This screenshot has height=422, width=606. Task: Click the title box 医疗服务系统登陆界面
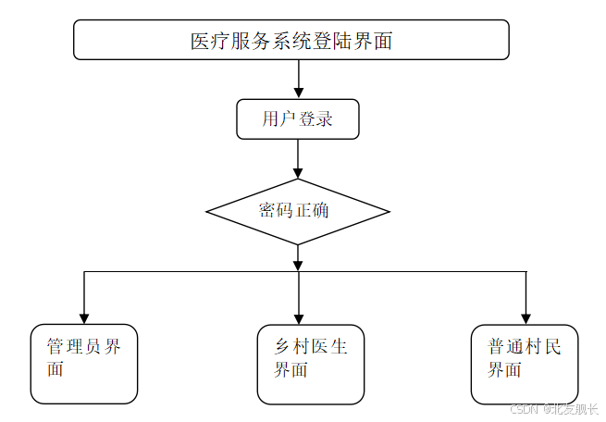coord(291,40)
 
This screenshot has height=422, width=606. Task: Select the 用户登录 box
coord(297,119)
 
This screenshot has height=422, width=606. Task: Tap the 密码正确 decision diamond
coord(297,211)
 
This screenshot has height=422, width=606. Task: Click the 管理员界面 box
coord(84,364)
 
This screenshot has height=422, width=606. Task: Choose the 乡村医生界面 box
coord(311,365)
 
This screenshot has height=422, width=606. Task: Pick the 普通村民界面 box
coord(525,365)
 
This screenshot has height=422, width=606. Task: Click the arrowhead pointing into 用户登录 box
coord(297,93)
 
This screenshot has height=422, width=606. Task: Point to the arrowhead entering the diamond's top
coord(297,173)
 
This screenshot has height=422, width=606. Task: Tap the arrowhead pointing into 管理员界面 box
coord(84,317)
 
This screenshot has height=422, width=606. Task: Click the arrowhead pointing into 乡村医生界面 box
coord(298,317)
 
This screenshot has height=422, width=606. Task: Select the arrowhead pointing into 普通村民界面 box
coord(526,317)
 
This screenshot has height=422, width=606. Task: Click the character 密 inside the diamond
coord(267,211)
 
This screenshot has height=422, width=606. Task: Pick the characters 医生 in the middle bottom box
coord(330,347)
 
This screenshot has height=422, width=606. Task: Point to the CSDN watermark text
coord(525,408)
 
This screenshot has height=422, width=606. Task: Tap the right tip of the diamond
coord(388,212)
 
